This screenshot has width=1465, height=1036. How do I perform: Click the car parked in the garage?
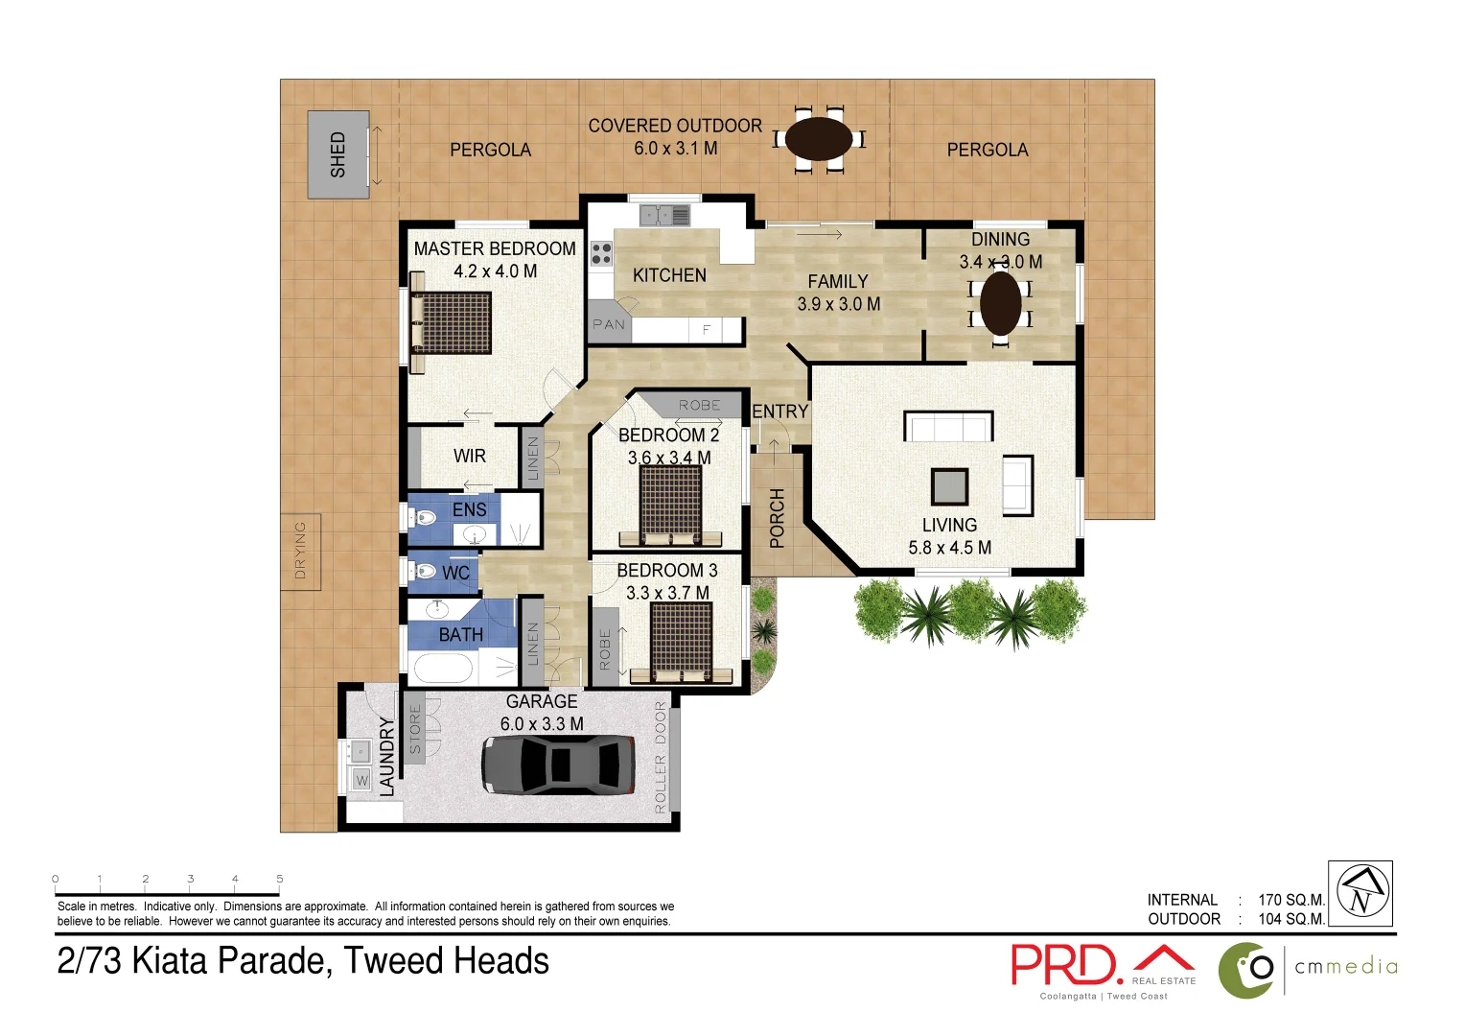[x=558, y=765]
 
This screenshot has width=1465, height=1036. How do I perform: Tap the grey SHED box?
[x=337, y=154]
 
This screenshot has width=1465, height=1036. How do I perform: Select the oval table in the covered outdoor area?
[x=819, y=139]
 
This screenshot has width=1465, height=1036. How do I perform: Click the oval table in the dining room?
[x=1000, y=302]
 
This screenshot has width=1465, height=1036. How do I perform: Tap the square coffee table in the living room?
[x=949, y=486]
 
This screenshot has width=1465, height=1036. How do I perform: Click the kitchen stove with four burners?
[x=601, y=254]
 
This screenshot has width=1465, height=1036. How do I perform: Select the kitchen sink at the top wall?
[x=664, y=215]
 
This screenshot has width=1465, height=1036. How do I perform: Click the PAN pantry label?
[x=609, y=325]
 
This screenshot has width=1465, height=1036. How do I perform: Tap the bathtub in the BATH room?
[x=442, y=668]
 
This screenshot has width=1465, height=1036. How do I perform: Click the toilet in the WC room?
[x=425, y=572]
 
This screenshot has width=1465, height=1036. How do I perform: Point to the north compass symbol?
[x=1360, y=893]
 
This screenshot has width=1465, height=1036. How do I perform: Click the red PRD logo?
[x=1065, y=965]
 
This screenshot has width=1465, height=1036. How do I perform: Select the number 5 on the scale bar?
[x=280, y=879]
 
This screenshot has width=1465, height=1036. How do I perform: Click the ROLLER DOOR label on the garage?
[x=661, y=758]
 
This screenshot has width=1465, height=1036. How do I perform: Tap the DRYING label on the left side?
[x=301, y=551]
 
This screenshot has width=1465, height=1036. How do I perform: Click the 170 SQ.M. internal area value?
[x=1291, y=900]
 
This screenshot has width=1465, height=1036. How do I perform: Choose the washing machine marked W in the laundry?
[x=361, y=780]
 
